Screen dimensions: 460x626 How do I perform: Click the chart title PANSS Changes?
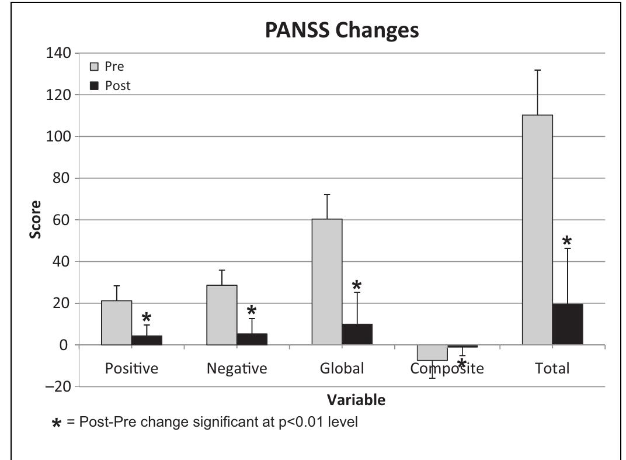click(342, 30)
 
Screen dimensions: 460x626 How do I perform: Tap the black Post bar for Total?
click(568, 324)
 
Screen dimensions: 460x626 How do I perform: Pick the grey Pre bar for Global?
click(327, 282)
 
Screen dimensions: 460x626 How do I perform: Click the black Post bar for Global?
click(357, 334)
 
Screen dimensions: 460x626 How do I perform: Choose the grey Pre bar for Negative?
click(222, 315)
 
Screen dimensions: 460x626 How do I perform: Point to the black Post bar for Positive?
click(147, 340)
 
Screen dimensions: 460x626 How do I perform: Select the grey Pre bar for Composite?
click(432, 352)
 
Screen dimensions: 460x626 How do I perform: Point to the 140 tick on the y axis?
click(58, 53)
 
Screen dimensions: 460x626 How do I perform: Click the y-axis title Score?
click(36, 219)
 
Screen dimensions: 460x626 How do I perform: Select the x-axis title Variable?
click(356, 400)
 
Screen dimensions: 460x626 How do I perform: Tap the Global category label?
click(342, 369)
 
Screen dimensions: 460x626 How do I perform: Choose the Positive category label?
click(131, 369)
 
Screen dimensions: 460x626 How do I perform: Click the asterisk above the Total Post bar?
click(566, 241)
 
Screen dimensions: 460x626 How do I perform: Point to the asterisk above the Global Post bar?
click(357, 285)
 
